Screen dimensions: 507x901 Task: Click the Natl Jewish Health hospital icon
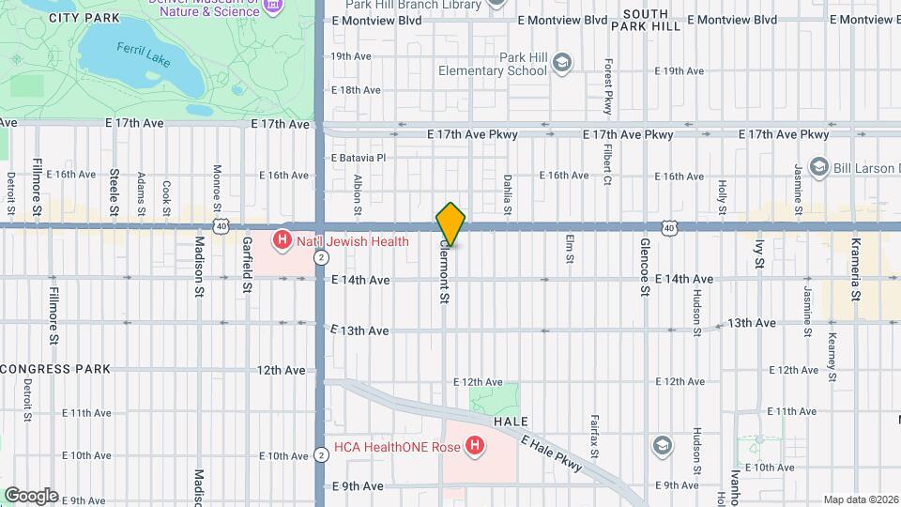(x=282, y=241)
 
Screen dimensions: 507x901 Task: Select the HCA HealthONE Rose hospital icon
(x=476, y=446)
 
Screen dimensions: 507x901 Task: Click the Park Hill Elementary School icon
(x=561, y=64)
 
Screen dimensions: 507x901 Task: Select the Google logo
(x=31, y=495)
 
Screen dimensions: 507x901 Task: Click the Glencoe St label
(x=645, y=269)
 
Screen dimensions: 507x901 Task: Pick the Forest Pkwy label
(x=607, y=87)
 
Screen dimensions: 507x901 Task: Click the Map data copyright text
(x=861, y=499)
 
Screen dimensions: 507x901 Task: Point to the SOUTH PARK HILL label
(x=646, y=20)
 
